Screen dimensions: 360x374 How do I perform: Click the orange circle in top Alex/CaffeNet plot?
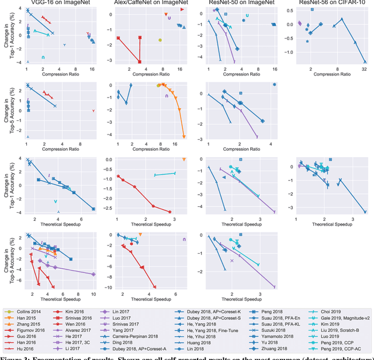pyautogui.click(x=160, y=40)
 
